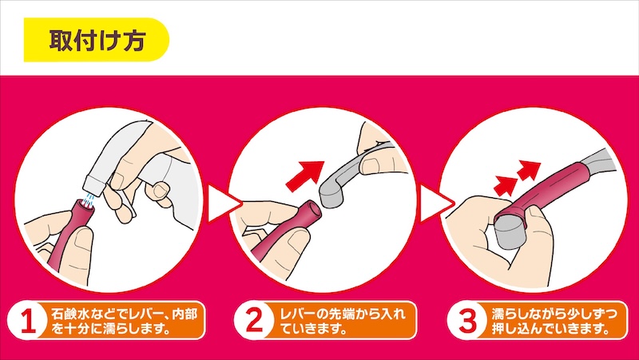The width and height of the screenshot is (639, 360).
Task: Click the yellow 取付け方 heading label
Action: pos(96,40)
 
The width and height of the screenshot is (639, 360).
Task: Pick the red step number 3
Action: pos(467,321)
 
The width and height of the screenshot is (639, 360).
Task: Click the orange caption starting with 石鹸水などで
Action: pos(123,321)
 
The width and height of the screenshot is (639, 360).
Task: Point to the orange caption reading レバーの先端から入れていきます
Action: pos(343,321)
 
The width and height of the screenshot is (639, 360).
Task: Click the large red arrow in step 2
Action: pos(306,175)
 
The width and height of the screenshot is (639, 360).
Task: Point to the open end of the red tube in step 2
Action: pos(312,210)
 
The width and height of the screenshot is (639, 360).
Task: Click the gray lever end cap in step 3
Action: pos(508,234)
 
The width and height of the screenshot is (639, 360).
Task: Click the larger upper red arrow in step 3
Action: pos(529,169)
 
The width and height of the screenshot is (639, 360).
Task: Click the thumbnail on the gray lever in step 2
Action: pos(371,165)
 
